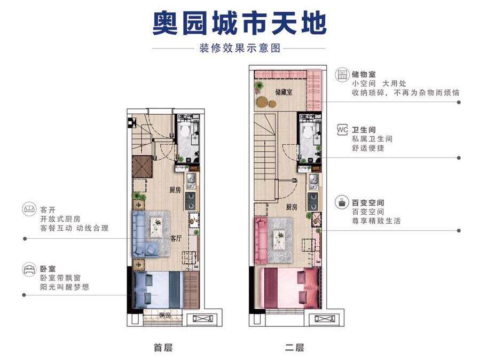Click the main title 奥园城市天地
[x=239, y=24]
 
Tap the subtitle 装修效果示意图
[x=240, y=48]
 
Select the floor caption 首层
[x=163, y=347]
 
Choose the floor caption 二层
[x=294, y=347]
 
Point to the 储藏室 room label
[x=284, y=92]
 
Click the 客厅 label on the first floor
[x=176, y=238]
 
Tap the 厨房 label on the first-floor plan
[x=175, y=190]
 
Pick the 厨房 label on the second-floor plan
[x=292, y=207]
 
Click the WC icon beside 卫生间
[x=342, y=130]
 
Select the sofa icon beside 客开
[x=29, y=208]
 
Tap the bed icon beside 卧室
[x=29, y=269]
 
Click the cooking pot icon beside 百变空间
[x=342, y=202]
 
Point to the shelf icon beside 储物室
[x=342, y=75]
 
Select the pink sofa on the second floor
[x=261, y=240]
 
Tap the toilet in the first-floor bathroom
[x=186, y=129]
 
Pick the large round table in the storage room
[x=263, y=101]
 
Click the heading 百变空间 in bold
[x=368, y=203]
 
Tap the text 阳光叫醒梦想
[x=65, y=287]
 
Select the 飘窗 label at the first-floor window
[x=165, y=316]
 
